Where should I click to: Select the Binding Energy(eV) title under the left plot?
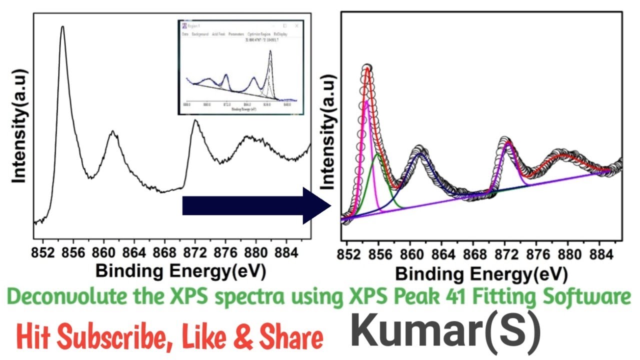pyautogui.click(x=180, y=270)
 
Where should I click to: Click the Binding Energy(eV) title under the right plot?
pyautogui.click(x=481, y=274)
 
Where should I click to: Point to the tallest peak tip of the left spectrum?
pyautogui.click(x=62, y=27)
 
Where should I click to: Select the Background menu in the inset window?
pyautogui.click(x=200, y=34)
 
